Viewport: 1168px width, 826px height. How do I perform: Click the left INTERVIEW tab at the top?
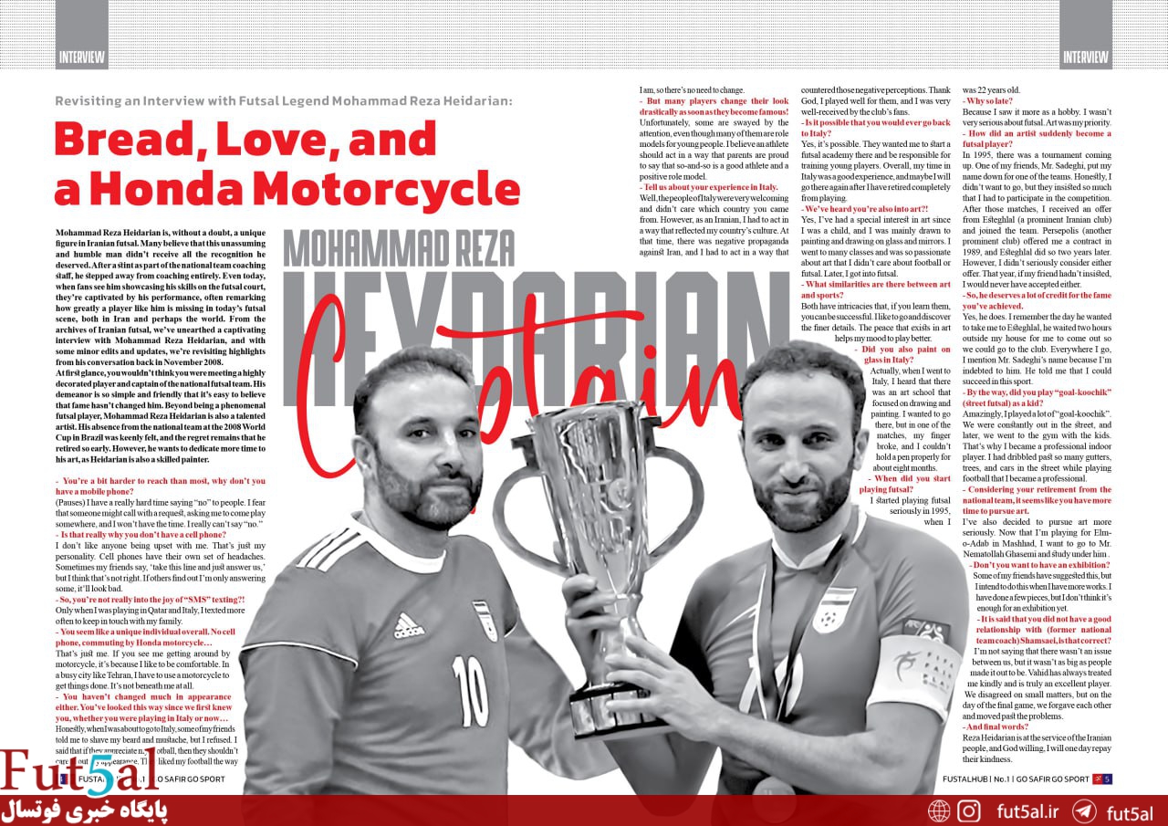tap(82, 57)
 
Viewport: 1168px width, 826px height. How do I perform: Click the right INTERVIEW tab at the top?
tap(1085, 57)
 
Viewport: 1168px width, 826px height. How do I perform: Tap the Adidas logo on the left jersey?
tap(409, 625)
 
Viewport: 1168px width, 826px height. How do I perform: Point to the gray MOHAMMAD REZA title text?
tap(399, 247)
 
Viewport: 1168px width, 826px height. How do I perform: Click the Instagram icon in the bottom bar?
tap(969, 810)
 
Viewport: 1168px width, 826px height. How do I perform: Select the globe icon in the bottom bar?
tap(939, 810)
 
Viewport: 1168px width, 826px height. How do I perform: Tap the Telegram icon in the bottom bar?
tap(1084, 810)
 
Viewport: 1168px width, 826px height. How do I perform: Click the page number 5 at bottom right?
tap(1107, 779)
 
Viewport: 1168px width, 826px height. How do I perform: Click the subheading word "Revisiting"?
tap(89, 100)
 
